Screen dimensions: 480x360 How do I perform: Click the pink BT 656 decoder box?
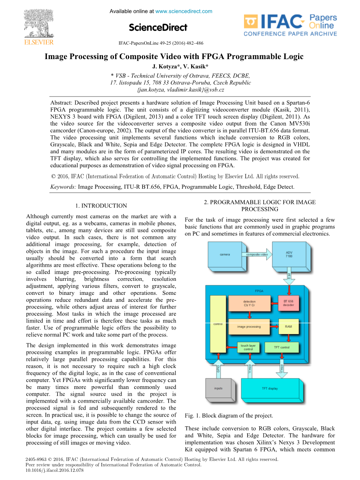(288, 303)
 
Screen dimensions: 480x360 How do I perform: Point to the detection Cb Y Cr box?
(249, 303)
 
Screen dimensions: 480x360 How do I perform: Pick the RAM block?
(288, 326)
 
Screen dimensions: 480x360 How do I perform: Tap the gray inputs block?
(218, 388)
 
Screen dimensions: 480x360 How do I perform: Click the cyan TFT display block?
(270, 388)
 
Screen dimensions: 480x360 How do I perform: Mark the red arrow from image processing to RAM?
(274, 327)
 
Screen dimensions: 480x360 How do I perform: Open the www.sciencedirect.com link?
(184, 11)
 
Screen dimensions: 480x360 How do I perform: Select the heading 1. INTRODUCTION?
(101, 206)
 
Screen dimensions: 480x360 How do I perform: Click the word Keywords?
(63, 187)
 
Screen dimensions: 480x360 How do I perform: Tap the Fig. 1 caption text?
(229, 415)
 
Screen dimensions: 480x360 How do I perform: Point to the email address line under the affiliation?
(180, 90)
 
